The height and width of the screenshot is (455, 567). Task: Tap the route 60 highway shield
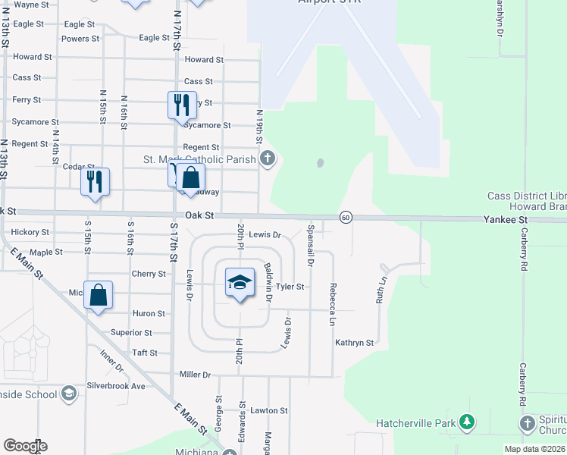(x=345, y=217)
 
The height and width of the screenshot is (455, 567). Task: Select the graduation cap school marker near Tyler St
(x=240, y=283)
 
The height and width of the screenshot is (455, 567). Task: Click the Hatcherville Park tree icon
(x=468, y=422)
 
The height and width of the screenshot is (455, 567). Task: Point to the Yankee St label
(x=505, y=219)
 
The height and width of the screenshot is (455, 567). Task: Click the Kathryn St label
(x=355, y=343)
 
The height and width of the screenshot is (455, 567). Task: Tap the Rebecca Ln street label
(x=332, y=305)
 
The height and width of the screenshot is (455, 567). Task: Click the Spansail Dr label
(x=310, y=246)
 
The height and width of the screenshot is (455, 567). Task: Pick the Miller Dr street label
(x=195, y=375)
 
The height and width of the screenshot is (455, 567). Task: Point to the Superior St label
(x=131, y=332)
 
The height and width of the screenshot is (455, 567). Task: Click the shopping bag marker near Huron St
(x=99, y=295)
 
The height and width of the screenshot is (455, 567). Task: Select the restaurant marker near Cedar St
(x=96, y=182)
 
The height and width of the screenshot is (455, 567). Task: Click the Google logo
(x=24, y=446)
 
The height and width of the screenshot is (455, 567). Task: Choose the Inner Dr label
(x=111, y=359)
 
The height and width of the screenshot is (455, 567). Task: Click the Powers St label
(x=80, y=39)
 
